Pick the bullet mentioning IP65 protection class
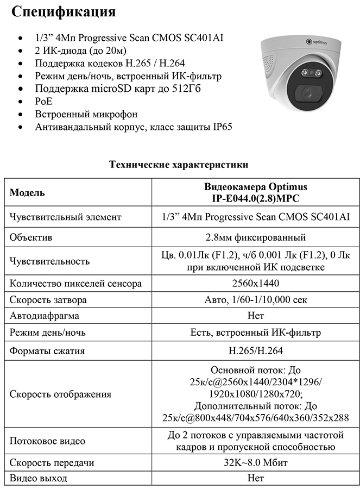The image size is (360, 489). tap(134, 127)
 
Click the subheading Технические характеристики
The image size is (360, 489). tap(179, 164)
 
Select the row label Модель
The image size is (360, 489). tap(27, 193)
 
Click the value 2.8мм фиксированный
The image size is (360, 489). tap(255, 237)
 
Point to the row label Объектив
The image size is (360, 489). tap(30, 237)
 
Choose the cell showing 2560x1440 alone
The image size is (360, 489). tap(255, 284)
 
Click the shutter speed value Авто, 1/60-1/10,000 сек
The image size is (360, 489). tap(255, 300)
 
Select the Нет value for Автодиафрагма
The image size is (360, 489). tap(255, 316)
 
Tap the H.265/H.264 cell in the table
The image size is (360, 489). tap(255, 351)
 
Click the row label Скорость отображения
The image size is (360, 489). tap(61, 394)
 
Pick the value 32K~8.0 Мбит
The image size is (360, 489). tap(255, 463)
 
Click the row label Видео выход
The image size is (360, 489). tap(39, 479)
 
